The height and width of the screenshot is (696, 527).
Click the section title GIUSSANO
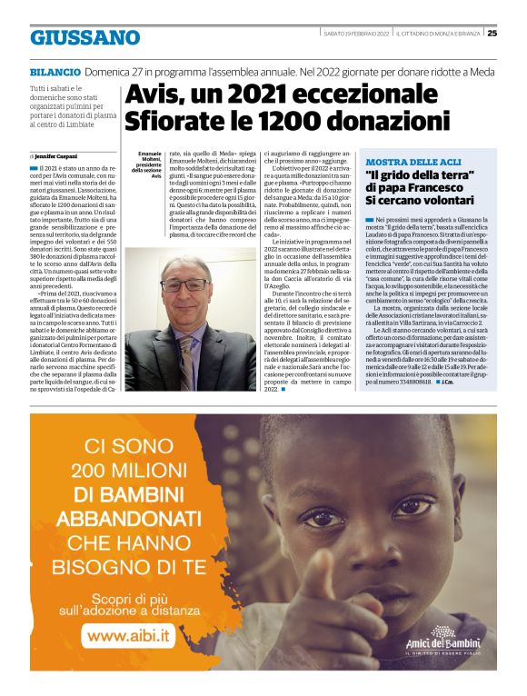click(x=85, y=37)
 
